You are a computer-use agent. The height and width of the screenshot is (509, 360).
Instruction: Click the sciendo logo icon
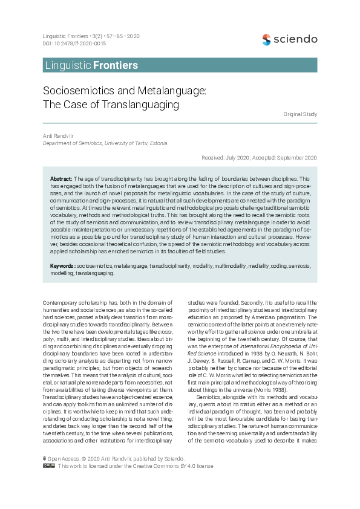[266, 40]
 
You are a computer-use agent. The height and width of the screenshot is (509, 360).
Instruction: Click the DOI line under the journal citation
[74, 44]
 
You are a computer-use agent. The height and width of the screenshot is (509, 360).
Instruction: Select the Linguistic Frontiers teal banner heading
[91, 65]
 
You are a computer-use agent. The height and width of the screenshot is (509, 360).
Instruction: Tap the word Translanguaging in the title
[142, 104]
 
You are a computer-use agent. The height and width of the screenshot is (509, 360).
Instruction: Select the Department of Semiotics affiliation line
[105, 143]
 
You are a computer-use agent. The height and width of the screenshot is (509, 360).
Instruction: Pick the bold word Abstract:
[61, 180]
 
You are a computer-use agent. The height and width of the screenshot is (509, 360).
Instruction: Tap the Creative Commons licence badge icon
[49, 466]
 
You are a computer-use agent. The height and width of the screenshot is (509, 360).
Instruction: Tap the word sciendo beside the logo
[295, 39]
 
